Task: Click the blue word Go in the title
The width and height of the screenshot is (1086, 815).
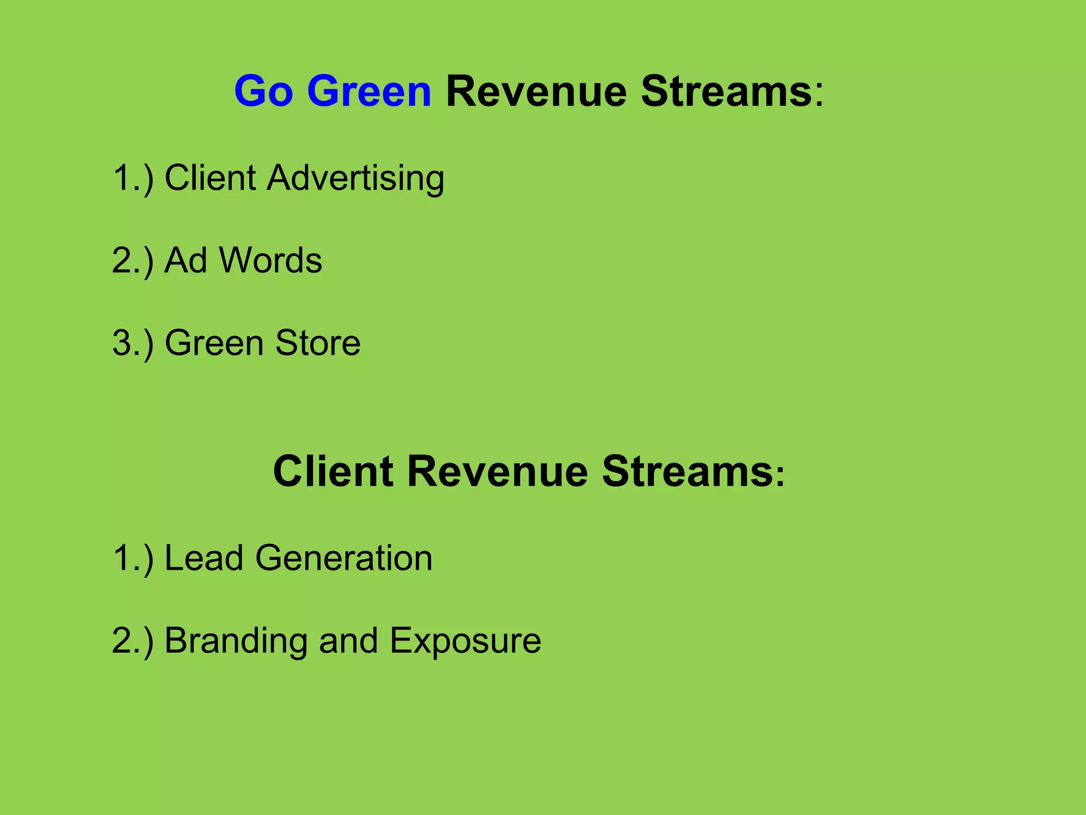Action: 264,91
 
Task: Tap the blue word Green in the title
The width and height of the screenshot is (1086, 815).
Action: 369,91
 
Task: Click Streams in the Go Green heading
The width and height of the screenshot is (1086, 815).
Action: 726,91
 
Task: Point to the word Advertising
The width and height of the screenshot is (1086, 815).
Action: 355,178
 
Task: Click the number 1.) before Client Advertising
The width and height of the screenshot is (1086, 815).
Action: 133,178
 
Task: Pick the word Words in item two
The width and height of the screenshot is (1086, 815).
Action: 270,260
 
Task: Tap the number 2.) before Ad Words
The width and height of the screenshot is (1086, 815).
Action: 133,261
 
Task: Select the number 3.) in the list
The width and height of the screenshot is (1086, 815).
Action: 133,343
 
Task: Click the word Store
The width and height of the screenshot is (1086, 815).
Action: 318,343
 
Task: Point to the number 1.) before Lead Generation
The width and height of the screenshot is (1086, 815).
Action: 133,558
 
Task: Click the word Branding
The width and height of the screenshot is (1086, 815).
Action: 236,641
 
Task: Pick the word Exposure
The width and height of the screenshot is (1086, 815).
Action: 465,641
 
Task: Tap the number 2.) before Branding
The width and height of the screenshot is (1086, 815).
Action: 133,641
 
